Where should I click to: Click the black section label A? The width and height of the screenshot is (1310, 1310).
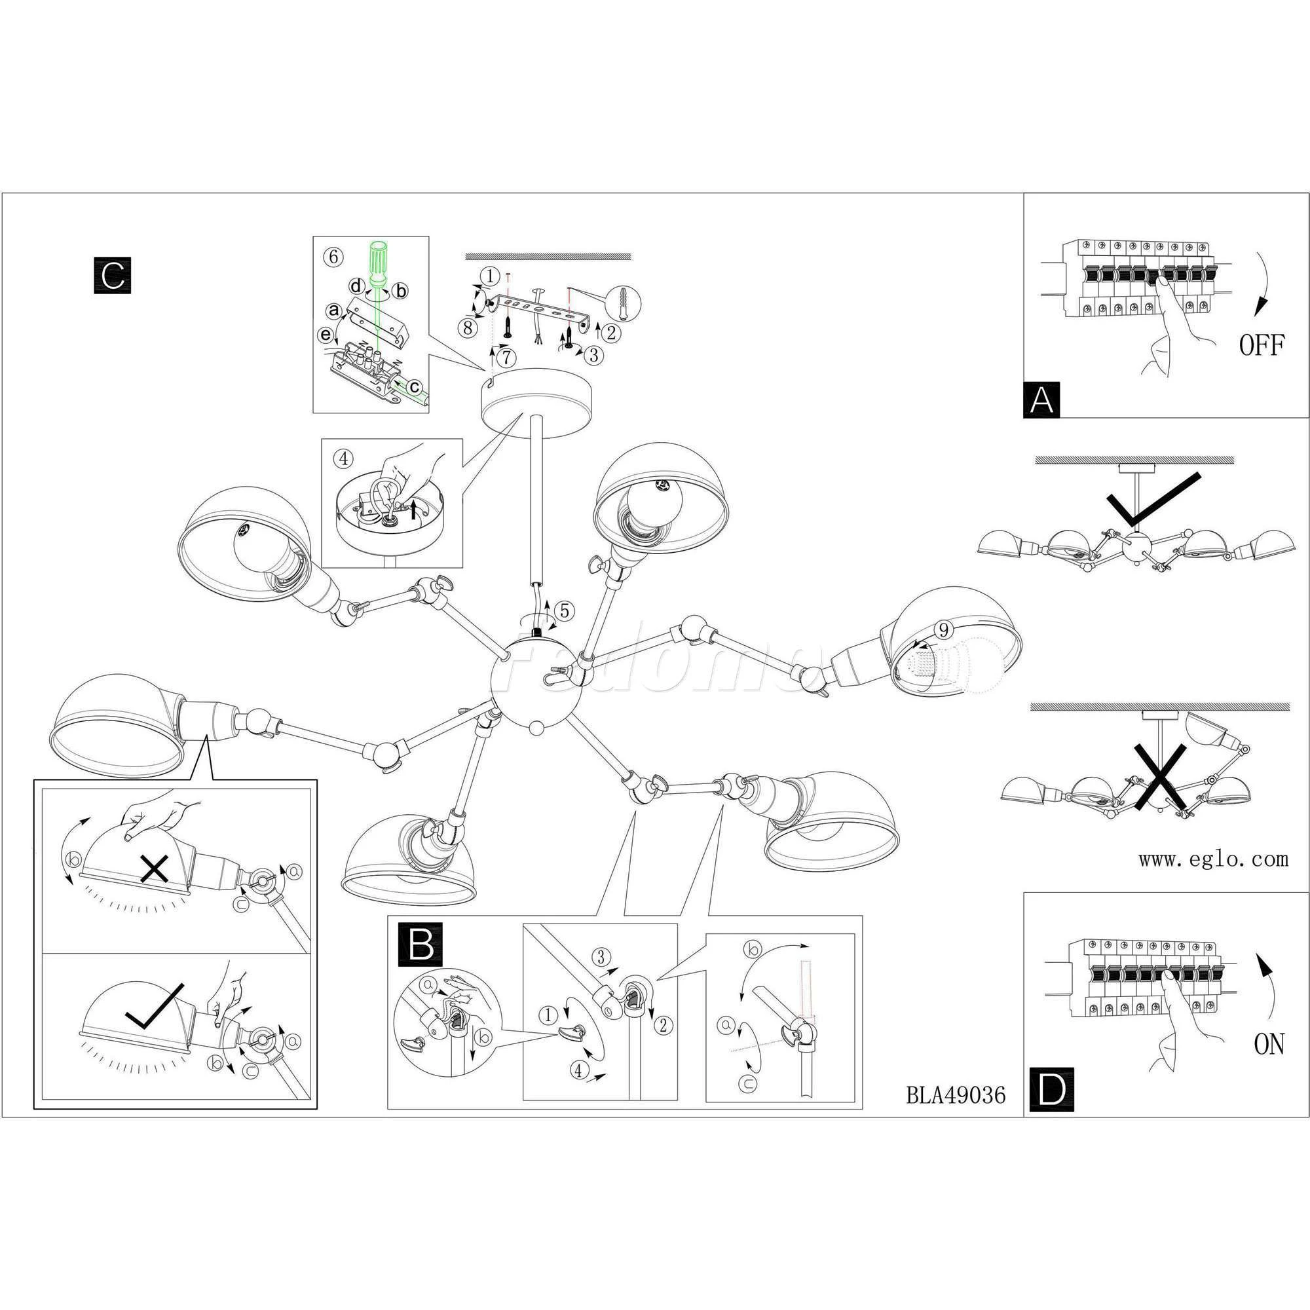[x=1041, y=400]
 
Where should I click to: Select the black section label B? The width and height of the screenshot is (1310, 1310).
[x=421, y=944]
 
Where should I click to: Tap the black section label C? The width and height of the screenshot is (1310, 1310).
[x=112, y=275]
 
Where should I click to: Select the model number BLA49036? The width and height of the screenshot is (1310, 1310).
[x=956, y=1095]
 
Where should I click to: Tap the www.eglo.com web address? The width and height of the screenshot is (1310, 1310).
[x=1213, y=860]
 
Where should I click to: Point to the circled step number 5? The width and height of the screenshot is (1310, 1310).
[x=565, y=611]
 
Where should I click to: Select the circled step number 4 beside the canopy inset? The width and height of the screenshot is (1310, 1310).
[x=344, y=458]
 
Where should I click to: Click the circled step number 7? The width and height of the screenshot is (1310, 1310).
[x=506, y=355]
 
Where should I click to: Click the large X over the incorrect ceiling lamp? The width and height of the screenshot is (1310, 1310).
[x=1161, y=775]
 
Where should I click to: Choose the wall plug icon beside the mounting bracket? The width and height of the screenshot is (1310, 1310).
[x=624, y=305]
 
